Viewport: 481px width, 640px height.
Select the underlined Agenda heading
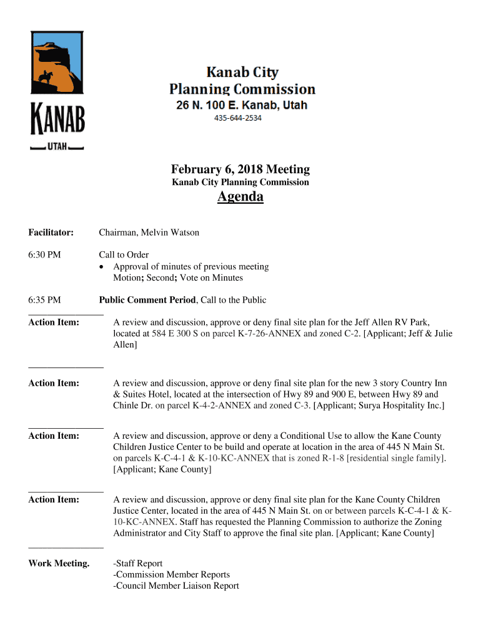241,197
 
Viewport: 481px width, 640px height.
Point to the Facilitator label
51,232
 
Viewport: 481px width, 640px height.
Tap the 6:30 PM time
44,254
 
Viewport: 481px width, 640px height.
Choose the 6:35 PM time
44,300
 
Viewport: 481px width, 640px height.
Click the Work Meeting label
59,563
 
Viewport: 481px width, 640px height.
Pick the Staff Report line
137,563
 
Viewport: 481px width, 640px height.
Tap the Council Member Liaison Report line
176,586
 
